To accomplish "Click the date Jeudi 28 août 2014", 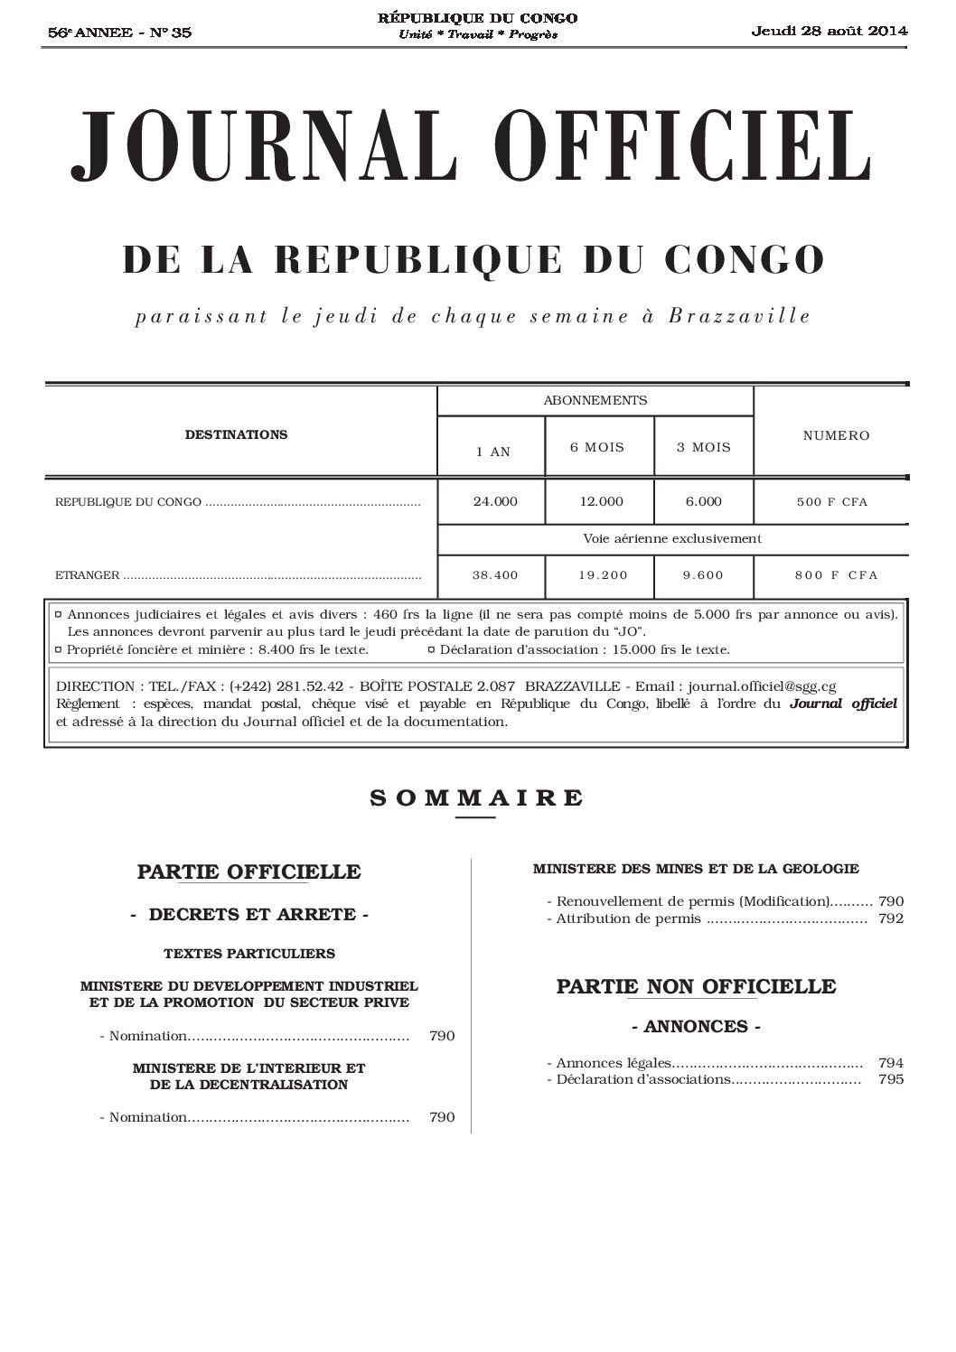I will click(x=829, y=31).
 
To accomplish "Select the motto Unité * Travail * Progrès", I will click(x=478, y=34).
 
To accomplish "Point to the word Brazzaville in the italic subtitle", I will click(x=739, y=316).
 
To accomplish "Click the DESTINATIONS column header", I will click(x=236, y=434).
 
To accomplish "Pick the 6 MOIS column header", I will click(x=596, y=447).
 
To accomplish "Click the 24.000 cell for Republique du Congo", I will click(x=495, y=501).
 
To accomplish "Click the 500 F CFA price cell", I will click(x=831, y=501).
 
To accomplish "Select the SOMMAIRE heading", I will click(x=476, y=797).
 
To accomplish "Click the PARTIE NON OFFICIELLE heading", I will click(x=696, y=985).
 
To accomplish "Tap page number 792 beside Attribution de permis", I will click(x=890, y=919).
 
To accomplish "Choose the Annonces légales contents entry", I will click(x=614, y=1063).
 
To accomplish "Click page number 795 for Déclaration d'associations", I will click(x=890, y=1079).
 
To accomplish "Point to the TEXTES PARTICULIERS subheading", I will click(x=249, y=953).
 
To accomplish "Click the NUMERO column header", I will click(x=836, y=435).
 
